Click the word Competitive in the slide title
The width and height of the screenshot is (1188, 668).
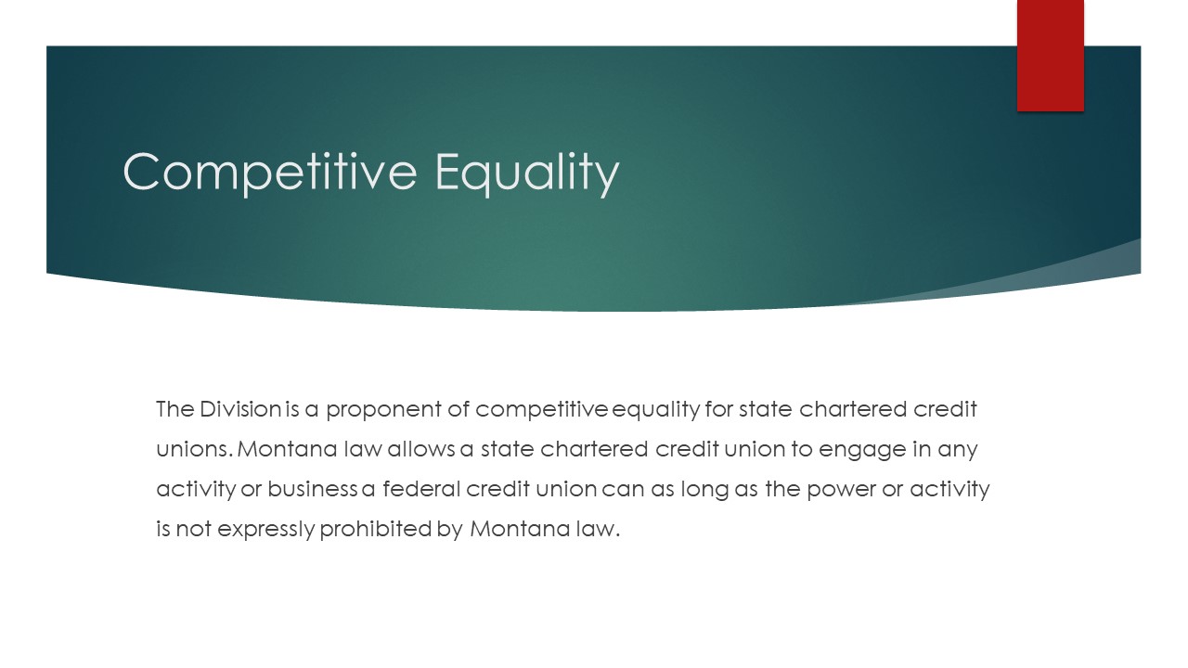[x=270, y=172]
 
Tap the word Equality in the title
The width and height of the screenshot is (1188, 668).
[x=527, y=173]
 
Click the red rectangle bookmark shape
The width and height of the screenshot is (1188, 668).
[x=1050, y=56]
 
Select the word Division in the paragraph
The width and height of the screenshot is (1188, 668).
[x=240, y=409]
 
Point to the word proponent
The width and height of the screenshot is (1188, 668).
[x=383, y=410]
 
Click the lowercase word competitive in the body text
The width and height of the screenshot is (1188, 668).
[x=541, y=410]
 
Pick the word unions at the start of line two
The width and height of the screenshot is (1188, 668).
[x=194, y=449]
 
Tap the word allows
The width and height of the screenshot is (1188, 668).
[x=421, y=448]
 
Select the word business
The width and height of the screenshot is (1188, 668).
[x=313, y=488]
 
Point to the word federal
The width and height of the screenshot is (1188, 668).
[x=421, y=488]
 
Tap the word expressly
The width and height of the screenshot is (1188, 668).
[x=266, y=530]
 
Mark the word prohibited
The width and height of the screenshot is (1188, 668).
[x=376, y=530]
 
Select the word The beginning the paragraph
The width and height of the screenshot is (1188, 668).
[x=175, y=409]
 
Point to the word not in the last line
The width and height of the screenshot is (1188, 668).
[x=194, y=529]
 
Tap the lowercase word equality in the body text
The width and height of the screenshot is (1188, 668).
[x=656, y=410]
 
